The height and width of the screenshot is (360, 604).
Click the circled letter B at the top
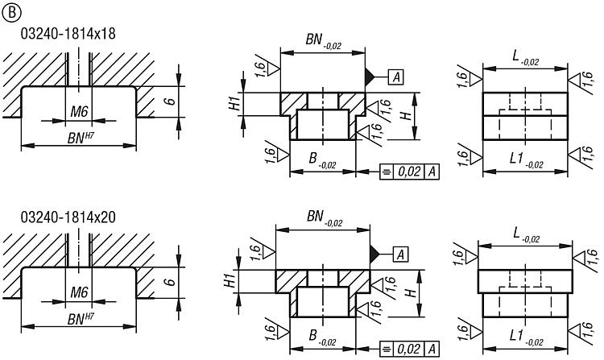(10, 10)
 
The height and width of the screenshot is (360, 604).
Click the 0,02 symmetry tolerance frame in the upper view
(410, 172)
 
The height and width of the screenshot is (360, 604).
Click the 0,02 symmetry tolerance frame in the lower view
(410, 349)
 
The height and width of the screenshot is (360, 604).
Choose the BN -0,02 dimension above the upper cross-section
(325, 40)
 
